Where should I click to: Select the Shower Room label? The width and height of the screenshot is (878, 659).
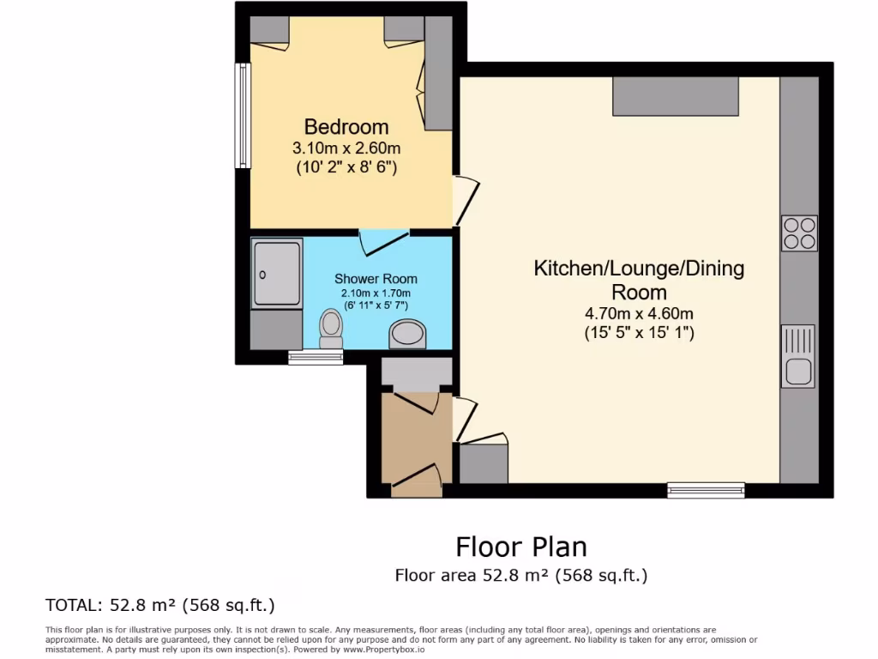tap(376, 279)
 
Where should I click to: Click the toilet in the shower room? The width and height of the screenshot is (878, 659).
tap(330, 329)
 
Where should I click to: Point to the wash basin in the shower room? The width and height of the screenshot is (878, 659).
tap(407, 335)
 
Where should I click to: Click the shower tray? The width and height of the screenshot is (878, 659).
tap(277, 272)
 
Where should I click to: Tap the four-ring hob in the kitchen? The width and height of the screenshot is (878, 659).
tap(798, 233)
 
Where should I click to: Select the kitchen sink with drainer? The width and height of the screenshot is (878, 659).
tap(798, 356)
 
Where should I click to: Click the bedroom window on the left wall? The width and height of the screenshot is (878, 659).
tap(244, 116)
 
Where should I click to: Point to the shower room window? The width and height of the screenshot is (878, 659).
tap(316, 358)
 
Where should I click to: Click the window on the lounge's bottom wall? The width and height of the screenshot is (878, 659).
tap(706, 490)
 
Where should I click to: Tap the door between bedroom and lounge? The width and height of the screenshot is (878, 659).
tap(466, 199)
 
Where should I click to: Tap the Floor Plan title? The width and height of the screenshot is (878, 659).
tap(520, 547)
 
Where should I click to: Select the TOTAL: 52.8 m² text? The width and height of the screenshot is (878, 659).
tap(159, 605)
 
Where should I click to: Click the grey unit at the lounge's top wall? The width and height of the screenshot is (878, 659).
tap(676, 96)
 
